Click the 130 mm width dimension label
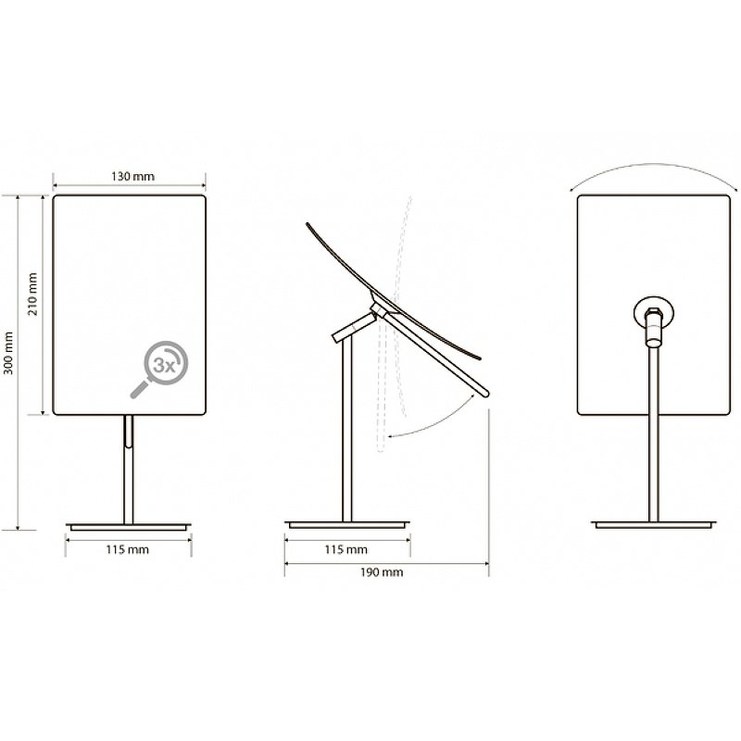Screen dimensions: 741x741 [x=132, y=176]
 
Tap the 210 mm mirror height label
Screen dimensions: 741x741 [x=32, y=294]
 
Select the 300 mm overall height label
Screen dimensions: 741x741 [x=8, y=353]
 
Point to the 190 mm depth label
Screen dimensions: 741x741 [x=382, y=572]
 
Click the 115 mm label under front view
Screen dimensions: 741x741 [x=127, y=549]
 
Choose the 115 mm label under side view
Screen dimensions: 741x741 [x=345, y=549]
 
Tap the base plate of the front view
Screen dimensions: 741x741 [x=129, y=526]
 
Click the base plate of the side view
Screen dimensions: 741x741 [x=347, y=524]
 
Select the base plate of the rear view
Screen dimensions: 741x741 [x=654, y=524]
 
